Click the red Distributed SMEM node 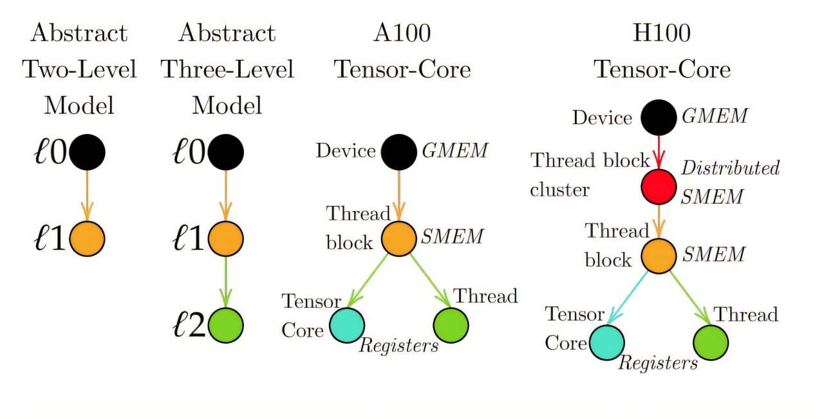click(659, 187)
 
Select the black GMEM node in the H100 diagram click(659, 117)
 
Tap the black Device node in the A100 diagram click(399, 152)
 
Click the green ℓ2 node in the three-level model click(226, 325)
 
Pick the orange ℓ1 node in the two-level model click(87, 238)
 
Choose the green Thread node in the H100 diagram click(711, 341)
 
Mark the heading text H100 click(662, 33)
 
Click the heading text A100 click(402, 33)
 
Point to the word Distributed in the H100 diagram click(730, 169)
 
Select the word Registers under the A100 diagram click(398, 346)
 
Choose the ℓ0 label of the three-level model click(190, 153)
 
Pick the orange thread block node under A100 click(399, 238)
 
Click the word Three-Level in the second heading click(227, 70)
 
